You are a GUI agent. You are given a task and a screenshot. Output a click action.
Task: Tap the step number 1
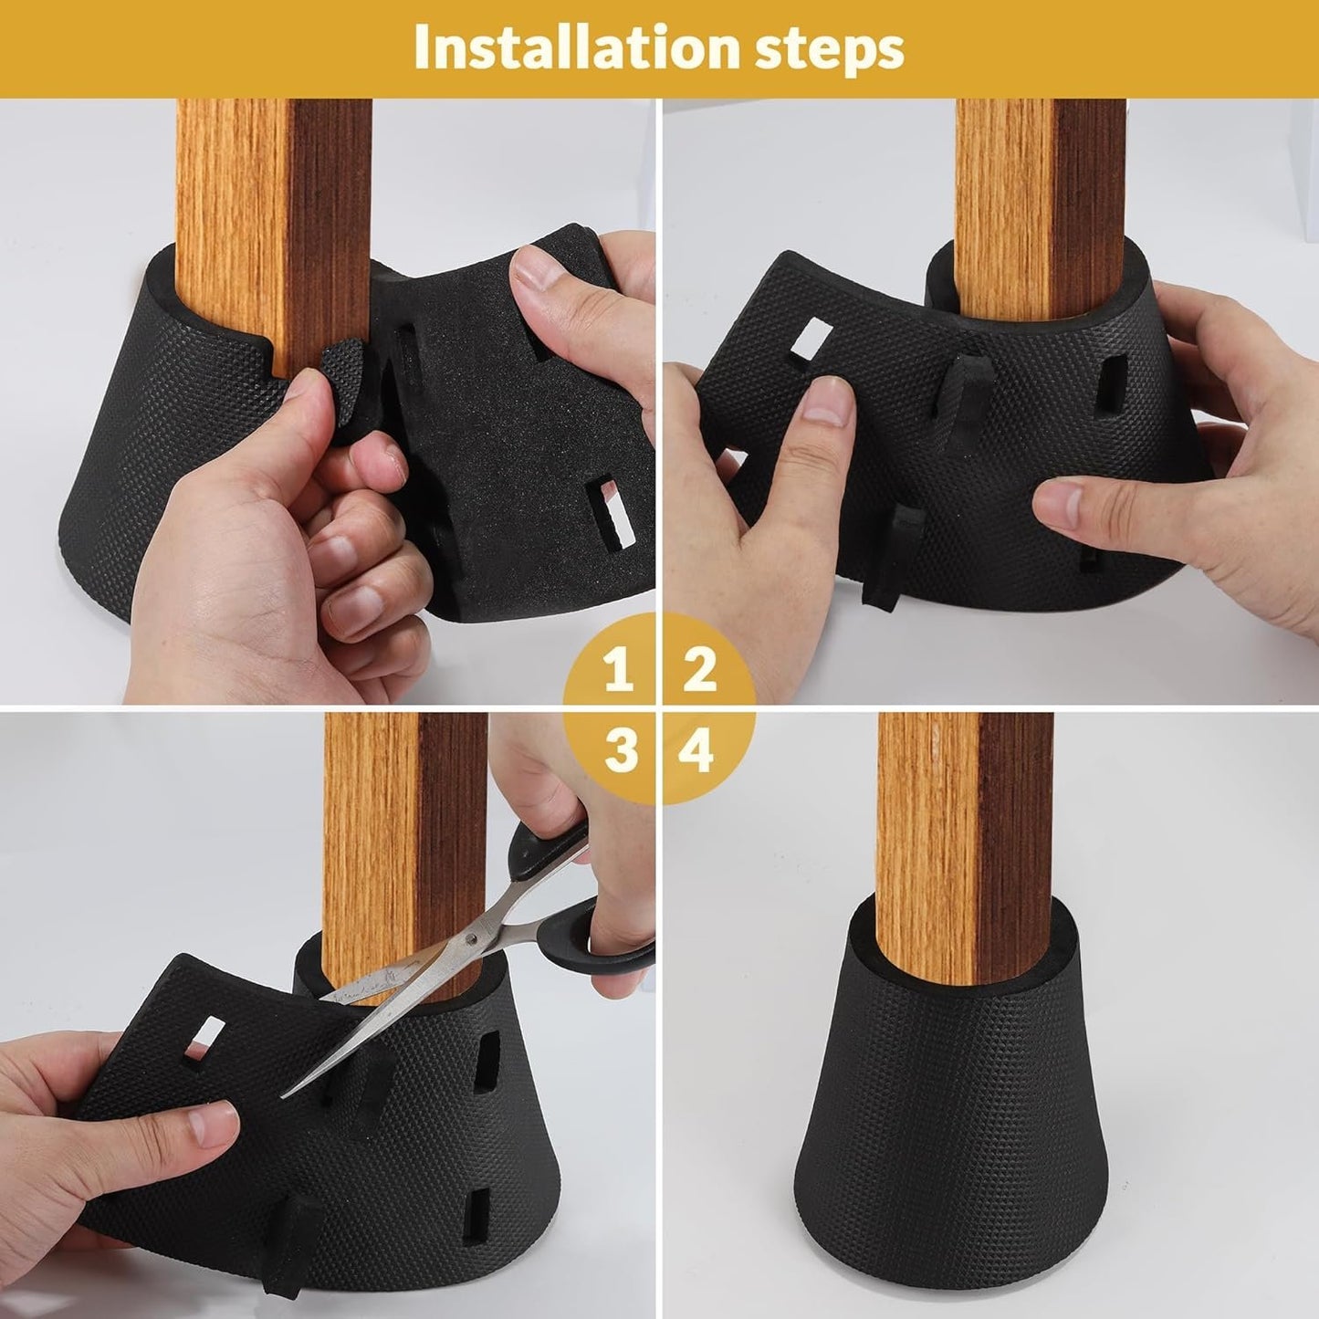(x=620, y=670)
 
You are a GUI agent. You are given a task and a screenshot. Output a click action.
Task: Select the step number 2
(x=699, y=670)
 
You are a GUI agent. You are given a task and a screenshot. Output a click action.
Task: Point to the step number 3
(x=621, y=751)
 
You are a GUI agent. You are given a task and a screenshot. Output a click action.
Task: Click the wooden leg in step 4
(x=965, y=849)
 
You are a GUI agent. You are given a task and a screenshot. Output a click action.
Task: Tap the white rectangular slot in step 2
(x=811, y=340)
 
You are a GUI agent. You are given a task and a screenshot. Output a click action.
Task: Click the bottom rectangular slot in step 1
(x=612, y=512)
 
